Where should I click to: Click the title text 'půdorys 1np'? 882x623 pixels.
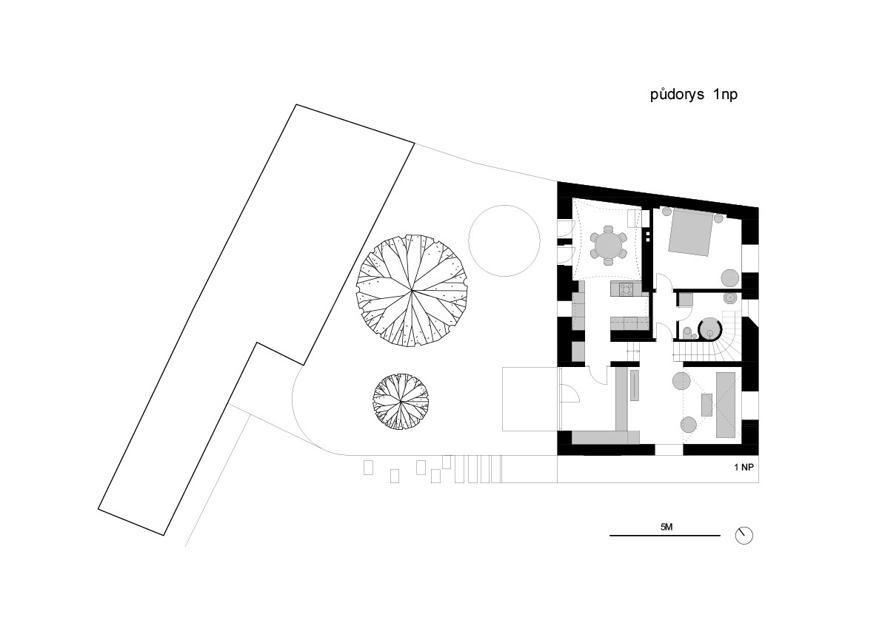(x=694, y=95)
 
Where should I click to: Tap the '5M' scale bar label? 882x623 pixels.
(x=666, y=527)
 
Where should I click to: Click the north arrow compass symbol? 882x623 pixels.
(x=744, y=536)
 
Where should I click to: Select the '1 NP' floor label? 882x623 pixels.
(x=743, y=468)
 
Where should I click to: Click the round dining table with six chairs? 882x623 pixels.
(x=608, y=245)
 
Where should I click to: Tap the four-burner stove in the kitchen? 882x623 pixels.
(x=626, y=289)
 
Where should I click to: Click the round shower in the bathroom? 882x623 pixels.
(x=710, y=329)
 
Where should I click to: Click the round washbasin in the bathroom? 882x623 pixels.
(x=731, y=297)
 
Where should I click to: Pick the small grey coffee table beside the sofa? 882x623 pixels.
(x=706, y=405)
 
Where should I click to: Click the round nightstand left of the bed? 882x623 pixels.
(x=666, y=212)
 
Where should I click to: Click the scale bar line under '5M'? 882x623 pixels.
(x=665, y=536)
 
